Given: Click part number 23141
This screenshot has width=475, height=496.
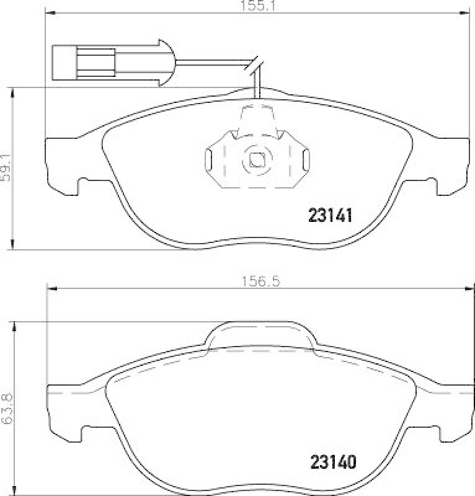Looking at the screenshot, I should pyautogui.click(x=331, y=215).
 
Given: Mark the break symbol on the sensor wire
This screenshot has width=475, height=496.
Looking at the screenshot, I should pyautogui.click(x=253, y=66).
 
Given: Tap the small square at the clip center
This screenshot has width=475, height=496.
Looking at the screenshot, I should pyautogui.click(x=256, y=159).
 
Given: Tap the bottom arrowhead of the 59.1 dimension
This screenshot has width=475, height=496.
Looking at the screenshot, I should pyautogui.click(x=13, y=246).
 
